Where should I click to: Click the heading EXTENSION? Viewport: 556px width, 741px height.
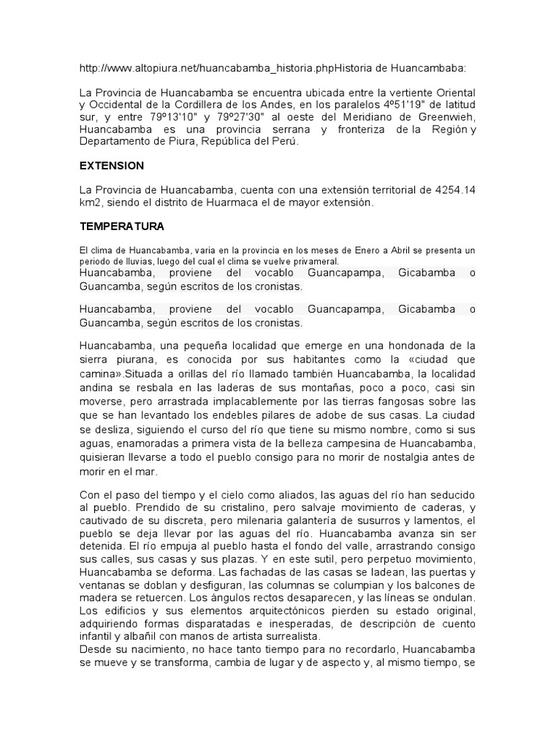111,166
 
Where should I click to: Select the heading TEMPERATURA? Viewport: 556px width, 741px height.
122,226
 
